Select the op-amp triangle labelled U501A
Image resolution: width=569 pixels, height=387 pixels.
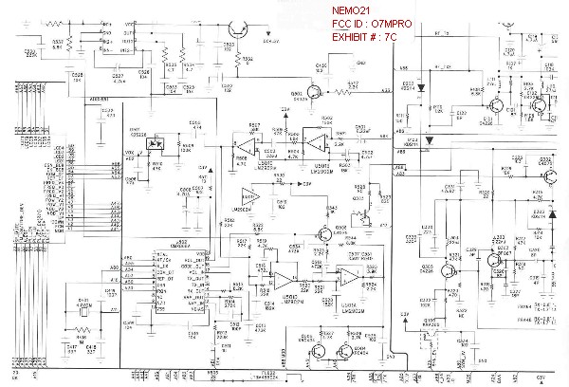click(248, 196)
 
